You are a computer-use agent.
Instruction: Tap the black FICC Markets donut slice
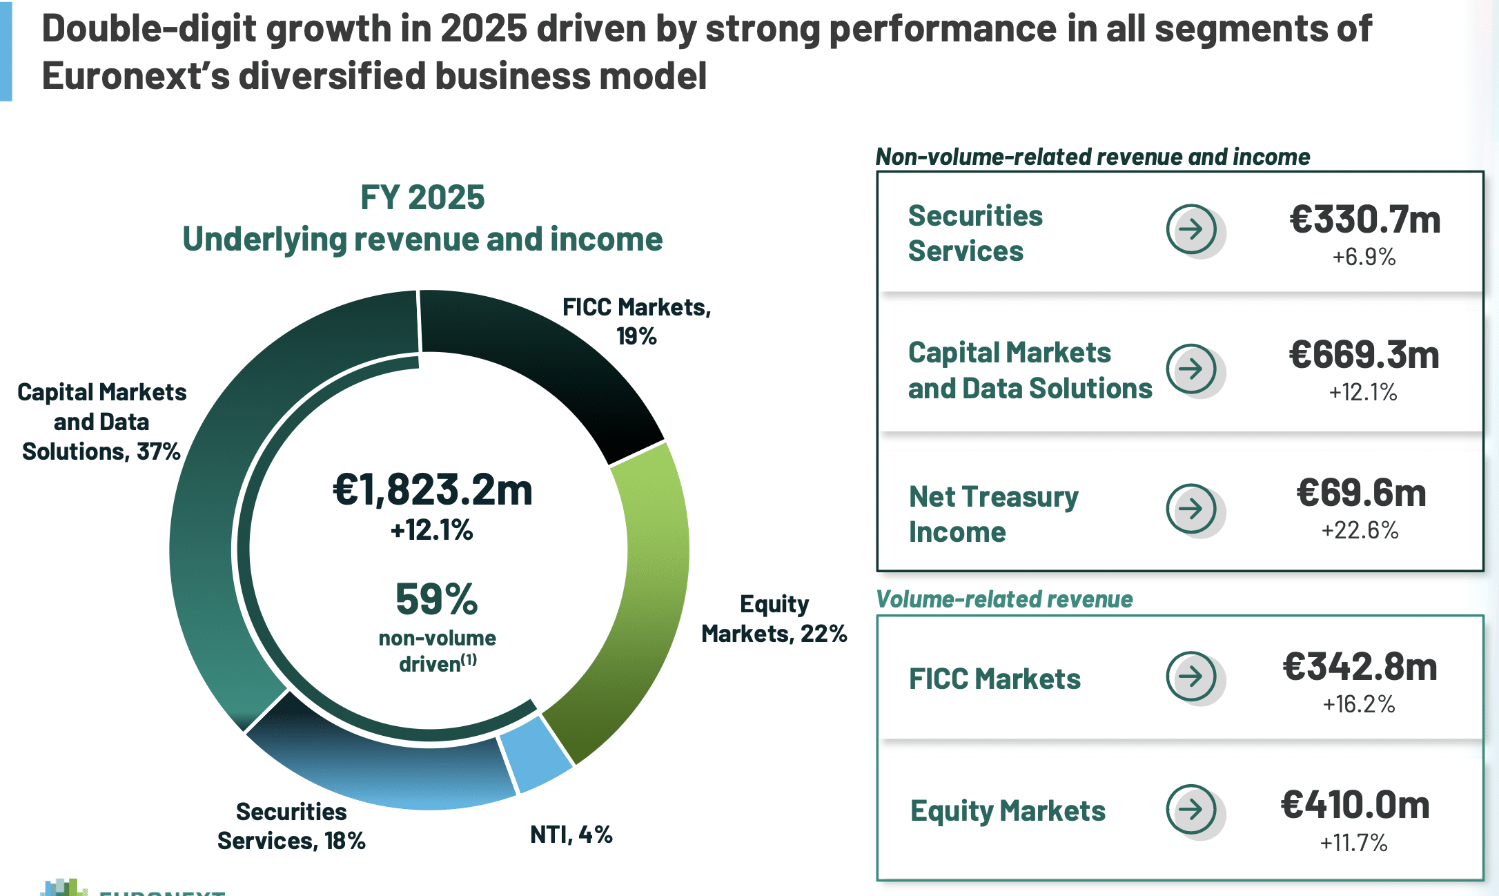[552, 366]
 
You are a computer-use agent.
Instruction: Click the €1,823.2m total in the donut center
[433, 490]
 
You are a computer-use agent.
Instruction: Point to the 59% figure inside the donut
[436, 598]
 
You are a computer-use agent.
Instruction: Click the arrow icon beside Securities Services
[1192, 228]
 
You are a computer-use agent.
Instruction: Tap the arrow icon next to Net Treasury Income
[1192, 509]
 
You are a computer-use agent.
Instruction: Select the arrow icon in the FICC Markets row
[1192, 676]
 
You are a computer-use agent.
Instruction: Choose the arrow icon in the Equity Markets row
[1192, 809]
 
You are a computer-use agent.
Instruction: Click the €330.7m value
[1365, 220]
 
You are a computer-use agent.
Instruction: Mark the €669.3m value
[1364, 355]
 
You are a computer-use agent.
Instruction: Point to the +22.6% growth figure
[1360, 530]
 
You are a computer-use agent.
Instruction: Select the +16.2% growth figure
[1359, 704]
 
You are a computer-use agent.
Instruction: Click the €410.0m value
[1355, 805]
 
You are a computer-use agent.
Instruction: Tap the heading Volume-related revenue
[1004, 599]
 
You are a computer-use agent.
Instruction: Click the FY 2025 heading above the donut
[422, 197]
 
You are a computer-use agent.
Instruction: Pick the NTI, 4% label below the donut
[571, 835]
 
